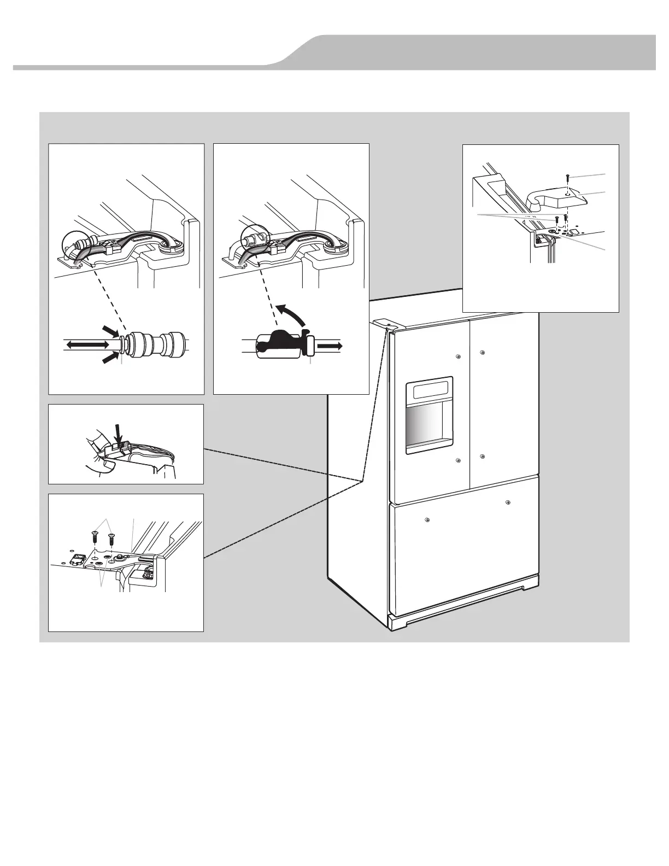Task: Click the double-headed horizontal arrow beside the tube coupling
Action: [87, 344]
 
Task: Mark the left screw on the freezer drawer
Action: [426, 519]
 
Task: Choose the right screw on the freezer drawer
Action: [508, 502]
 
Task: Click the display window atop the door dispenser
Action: [430, 390]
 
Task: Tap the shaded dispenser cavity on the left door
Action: [428, 429]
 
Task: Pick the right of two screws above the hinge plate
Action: [111, 537]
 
